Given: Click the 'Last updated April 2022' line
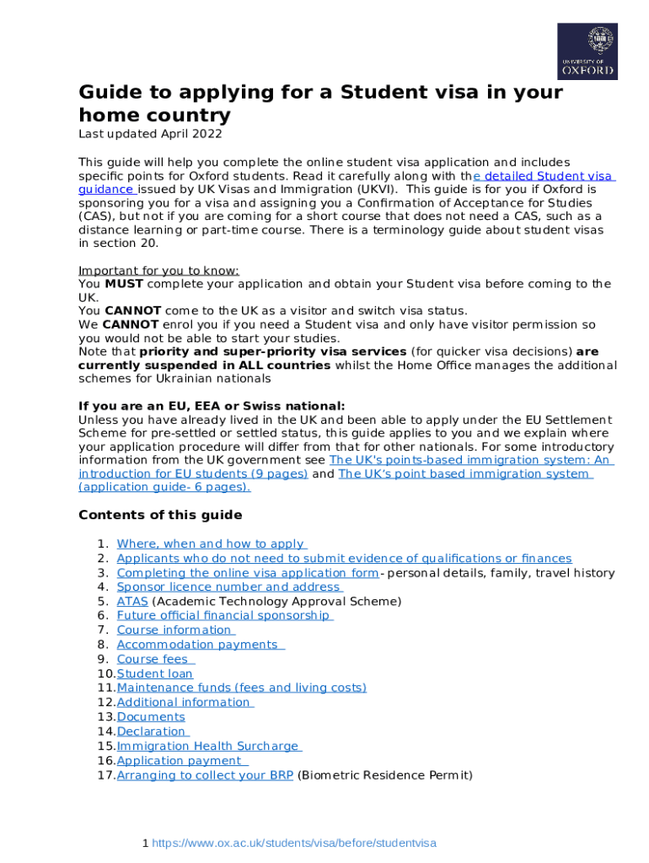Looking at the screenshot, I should (x=150, y=134).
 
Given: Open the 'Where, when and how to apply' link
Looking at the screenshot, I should (x=211, y=544).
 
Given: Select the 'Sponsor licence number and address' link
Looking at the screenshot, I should (x=229, y=587).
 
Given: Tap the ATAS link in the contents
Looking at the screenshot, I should (x=132, y=601).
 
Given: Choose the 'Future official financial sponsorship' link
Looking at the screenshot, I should (x=224, y=615).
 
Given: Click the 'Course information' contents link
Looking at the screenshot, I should (x=175, y=630).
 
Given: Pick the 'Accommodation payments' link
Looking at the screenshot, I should (x=200, y=645).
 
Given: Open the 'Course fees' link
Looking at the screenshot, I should (x=155, y=659).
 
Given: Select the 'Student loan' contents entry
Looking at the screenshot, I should (x=155, y=673).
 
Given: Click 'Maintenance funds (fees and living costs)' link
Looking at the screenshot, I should (x=242, y=688).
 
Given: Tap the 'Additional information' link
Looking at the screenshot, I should (x=185, y=702).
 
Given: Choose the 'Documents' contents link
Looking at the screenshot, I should (x=151, y=717).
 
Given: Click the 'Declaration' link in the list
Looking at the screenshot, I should (x=153, y=732).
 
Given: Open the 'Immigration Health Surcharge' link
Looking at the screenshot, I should (x=209, y=746).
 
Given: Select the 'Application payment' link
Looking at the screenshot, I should (x=182, y=761).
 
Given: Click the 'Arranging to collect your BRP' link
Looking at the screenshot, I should (x=205, y=775).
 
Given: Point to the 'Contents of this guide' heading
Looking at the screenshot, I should (x=160, y=515).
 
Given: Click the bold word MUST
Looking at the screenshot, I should (x=124, y=284).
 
